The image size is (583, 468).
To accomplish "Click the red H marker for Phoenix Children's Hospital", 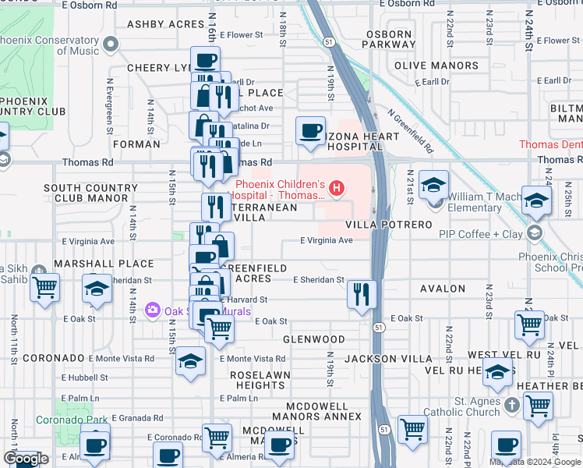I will point(337,187).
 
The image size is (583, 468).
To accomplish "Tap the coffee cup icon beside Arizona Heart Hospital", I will point(310,129).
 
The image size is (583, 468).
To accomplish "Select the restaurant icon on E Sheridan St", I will point(361,294).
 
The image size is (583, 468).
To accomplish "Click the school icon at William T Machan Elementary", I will point(434,184).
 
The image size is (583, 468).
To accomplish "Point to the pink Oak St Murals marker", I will point(153,311).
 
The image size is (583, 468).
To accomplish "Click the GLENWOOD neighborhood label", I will point(313,339).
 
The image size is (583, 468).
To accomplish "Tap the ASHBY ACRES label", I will point(166,24).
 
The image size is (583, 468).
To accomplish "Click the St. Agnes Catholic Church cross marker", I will point(511,405).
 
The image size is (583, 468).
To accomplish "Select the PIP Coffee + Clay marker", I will point(535,233).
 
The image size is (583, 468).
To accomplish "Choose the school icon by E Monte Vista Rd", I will point(189,361).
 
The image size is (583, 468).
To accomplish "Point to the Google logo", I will point(26,459).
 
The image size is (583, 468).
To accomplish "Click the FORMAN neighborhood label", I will point(136,144).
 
